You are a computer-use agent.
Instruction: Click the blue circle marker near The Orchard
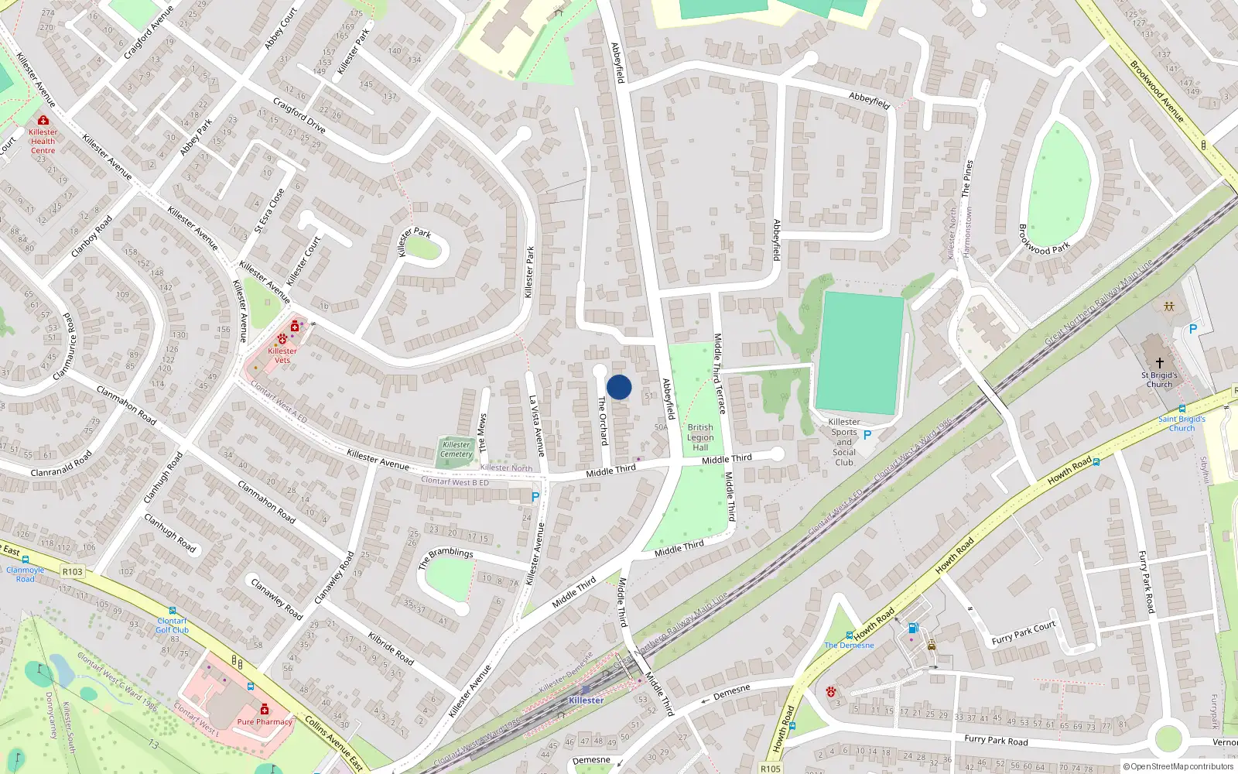pyautogui.click(x=619, y=387)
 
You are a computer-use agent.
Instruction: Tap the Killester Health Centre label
pyautogui.click(x=43, y=141)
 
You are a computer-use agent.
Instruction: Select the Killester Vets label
pyautogui.click(x=282, y=355)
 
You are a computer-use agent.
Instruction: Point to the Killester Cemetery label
pyautogui.click(x=456, y=449)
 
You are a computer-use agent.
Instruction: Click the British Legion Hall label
pyautogui.click(x=700, y=437)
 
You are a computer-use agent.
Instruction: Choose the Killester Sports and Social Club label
pyautogui.click(x=844, y=442)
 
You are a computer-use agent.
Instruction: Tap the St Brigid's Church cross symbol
pyautogui.click(x=1159, y=362)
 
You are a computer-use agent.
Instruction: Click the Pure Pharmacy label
pyautogui.click(x=265, y=721)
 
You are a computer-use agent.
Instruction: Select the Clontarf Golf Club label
pyautogui.click(x=172, y=625)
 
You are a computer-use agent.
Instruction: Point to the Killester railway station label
pyautogui.click(x=586, y=700)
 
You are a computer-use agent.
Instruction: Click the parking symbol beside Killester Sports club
pyautogui.click(x=867, y=435)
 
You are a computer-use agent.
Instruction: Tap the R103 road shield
pyautogui.click(x=73, y=572)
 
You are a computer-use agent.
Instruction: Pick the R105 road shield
pyautogui.click(x=771, y=769)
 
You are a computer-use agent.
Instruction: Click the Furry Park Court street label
pyautogui.click(x=1023, y=633)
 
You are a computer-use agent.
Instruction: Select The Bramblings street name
pyautogui.click(x=446, y=557)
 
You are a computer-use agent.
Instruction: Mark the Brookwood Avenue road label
pyautogui.click(x=1157, y=91)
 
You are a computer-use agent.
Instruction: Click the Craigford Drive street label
pyautogui.click(x=299, y=115)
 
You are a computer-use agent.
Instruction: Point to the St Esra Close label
pyautogui.click(x=269, y=211)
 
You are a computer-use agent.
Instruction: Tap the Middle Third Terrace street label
pyautogui.click(x=719, y=374)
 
